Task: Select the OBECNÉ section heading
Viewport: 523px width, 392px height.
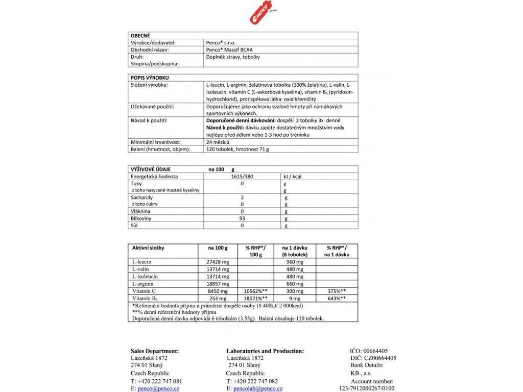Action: click(140, 36)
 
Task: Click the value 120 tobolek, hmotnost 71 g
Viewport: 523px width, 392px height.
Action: click(237, 149)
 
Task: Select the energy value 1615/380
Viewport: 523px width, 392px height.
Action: click(242, 176)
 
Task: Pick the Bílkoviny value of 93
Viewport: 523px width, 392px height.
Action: click(242, 218)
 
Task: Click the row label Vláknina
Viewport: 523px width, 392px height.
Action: click(140, 211)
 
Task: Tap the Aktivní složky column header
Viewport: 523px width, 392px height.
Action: click(148, 248)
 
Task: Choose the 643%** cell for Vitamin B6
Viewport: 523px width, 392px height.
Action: click(337, 298)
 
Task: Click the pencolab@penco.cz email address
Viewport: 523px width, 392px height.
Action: click(257, 388)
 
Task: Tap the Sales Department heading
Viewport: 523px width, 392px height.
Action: click(155, 351)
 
